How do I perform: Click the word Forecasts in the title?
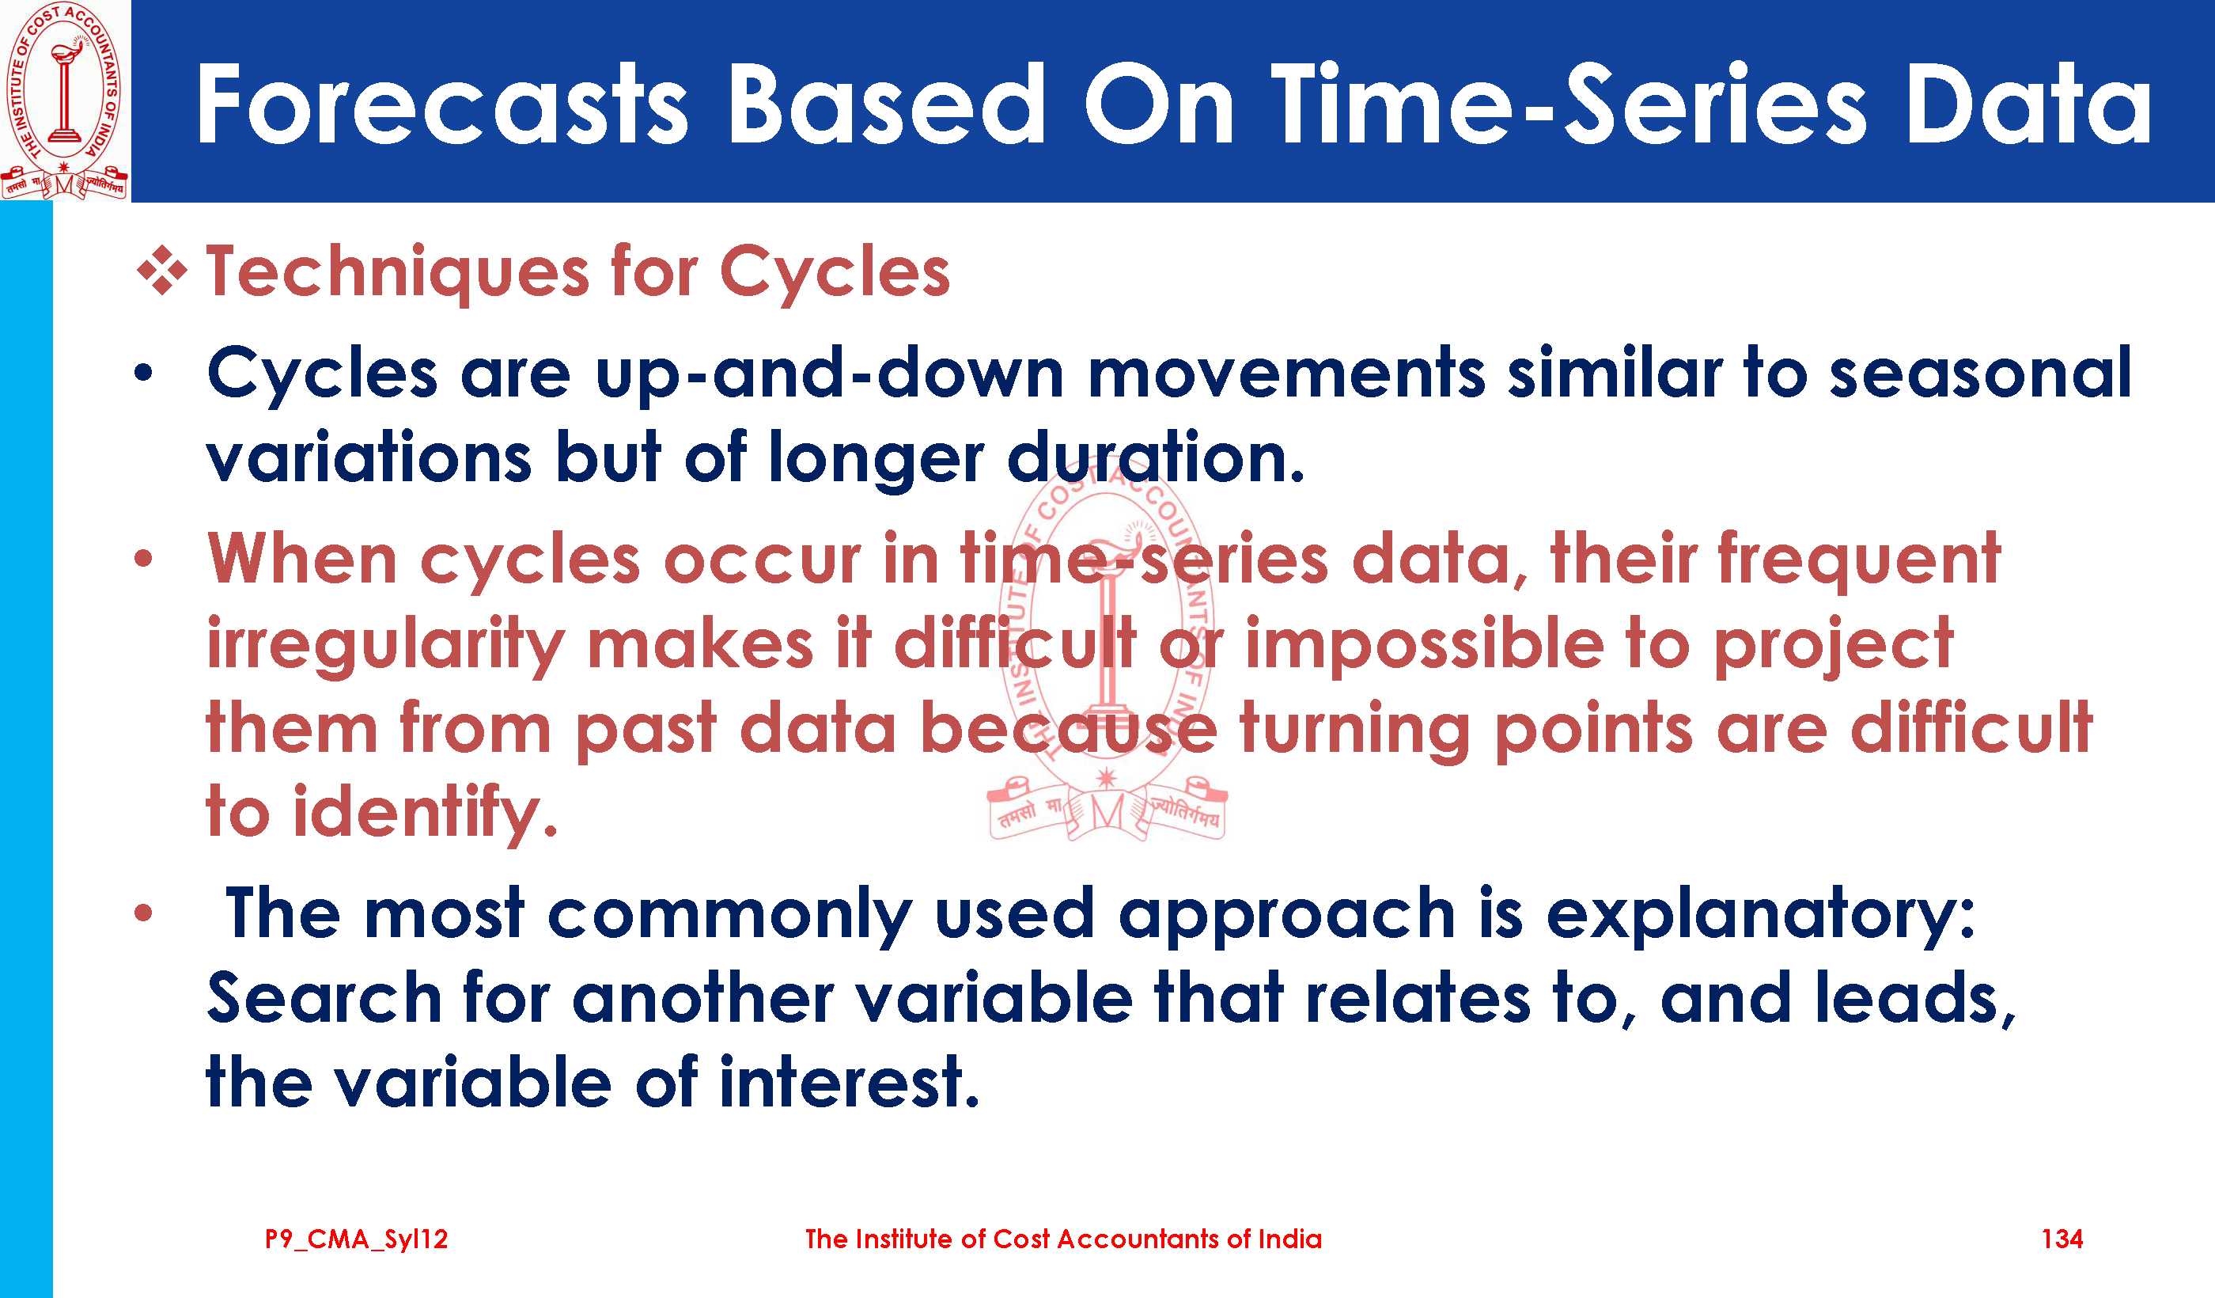[x=442, y=104]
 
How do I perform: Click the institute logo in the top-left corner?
[x=64, y=101]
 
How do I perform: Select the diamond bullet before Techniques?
[x=163, y=270]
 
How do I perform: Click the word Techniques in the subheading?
[x=397, y=272]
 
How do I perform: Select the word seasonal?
[x=1980, y=373]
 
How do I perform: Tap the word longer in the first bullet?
[x=877, y=460]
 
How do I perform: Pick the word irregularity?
[x=386, y=647]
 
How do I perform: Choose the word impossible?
[x=1425, y=644]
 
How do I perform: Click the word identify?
[x=426, y=814]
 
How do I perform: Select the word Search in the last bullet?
[x=324, y=998]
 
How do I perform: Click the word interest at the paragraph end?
[x=849, y=1083]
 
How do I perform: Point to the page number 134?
[x=2062, y=1239]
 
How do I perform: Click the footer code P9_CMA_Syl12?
[x=357, y=1240]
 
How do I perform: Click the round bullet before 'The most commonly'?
[x=143, y=913]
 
